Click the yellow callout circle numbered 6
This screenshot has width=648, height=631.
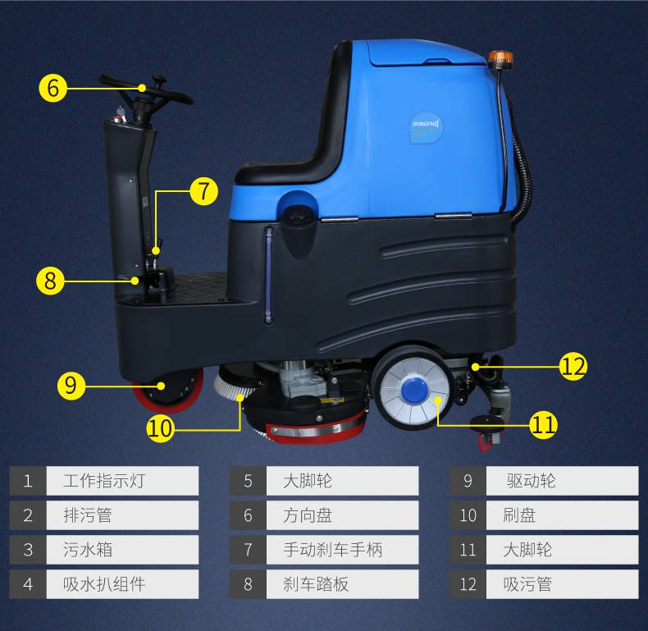pyautogui.click(x=52, y=88)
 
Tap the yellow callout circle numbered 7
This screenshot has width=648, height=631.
pyautogui.click(x=203, y=191)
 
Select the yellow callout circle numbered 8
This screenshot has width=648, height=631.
pyautogui.click(x=50, y=281)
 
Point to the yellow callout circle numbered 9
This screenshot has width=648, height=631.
pyautogui.click(x=71, y=386)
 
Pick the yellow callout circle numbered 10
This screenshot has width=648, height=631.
pyautogui.click(x=160, y=428)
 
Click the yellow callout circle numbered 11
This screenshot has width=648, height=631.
pyautogui.click(x=544, y=425)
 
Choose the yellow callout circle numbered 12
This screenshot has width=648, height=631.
pyautogui.click(x=573, y=366)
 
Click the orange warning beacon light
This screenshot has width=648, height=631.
pyautogui.click(x=500, y=59)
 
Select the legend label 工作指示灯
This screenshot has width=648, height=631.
pyautogui.click(x=103, y=481)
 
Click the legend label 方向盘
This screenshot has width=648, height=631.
pyautogui.click(x=308, y=515)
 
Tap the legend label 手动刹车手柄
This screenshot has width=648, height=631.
pyautogui.click(x=333, y=550)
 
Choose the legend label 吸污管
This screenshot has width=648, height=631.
pyautogui.click(x=527, y=584)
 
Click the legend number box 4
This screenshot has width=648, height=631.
pyautogui.click(x=28, y=584)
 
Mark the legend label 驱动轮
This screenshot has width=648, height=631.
pyautogui.click(x=531, y=481)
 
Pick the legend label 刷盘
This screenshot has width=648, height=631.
pyautogui.click(x=519, y=515)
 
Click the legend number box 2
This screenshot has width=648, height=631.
pyautogui.click(x=28, y=515)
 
